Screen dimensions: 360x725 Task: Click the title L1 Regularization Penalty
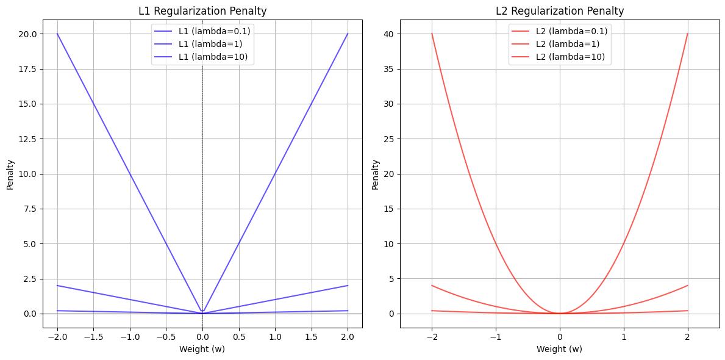[202, 11]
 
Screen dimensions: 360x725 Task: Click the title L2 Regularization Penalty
[559, 11]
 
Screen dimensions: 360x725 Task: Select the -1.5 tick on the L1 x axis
[93, 336]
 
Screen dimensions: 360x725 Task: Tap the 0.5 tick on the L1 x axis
[239, 336]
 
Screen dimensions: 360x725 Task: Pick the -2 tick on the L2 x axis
[432, 336]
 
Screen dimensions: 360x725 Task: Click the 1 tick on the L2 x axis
[624, 336]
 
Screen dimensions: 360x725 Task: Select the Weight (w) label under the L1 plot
[202, 349]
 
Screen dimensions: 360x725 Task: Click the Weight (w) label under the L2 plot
[559, 349]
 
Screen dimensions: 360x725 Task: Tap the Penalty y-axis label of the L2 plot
[376, 175]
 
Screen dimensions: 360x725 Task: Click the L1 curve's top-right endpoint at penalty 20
[348, 34]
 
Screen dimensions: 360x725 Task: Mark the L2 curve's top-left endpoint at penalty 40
[432, 34]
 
